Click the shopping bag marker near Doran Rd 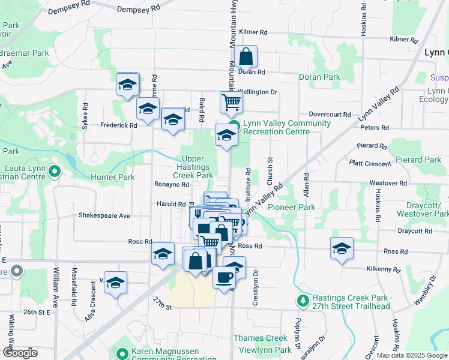(x=246, y=58)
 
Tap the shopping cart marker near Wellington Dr (x=231, y=103)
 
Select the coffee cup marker (x=224, y=278)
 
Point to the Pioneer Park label (x=291, y=207)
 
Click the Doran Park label (x=320, y=77)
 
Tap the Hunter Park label (x=112, y=178)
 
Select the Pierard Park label (x=418, y=160)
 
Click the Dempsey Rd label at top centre (x=139, y=10)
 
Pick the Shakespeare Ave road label (x=104, y=215)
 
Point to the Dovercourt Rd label (x=330, y=114)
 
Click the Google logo (x=20, y=353)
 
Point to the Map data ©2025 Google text (x=411, y=355)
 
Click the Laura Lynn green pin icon (x=55, y=172)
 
